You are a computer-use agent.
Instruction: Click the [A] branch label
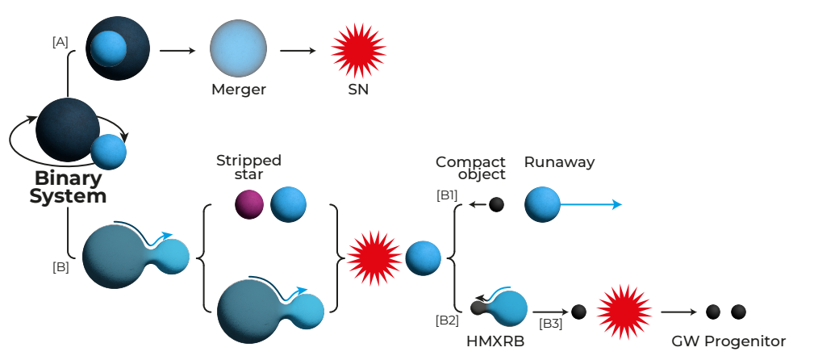pyautogui.click(x=60, y=43)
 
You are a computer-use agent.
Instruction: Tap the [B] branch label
pyautogui.click(x=60, y=267)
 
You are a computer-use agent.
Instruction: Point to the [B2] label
pyautogui.click(x=447, y=320)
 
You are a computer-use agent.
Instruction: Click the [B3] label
pyautogui.click(x=551, y=324)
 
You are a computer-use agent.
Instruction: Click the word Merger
pyautogui.click(x=239, y=90)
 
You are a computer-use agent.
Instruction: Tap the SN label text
pyautogui.click(x=358, y=90)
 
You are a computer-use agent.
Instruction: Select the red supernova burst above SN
pyautogui.click(x=358, y=48)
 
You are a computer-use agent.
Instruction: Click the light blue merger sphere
pyautogui.click(x=238, y=49)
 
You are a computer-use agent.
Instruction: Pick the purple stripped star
pyautogui.click(x=249, y=204)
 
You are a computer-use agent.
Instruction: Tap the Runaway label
pyautogui.click(x=559, y=162)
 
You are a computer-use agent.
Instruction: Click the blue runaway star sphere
pyautogui.click(x=542, y=204)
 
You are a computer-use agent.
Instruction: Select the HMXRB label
pyautogui.click(x=495, y=341)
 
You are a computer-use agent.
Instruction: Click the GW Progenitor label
pyautogui.click(x=728, y=341)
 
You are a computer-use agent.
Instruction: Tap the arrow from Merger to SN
pyautogui.click(x=298, y=51)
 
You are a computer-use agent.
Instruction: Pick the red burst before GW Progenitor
pyautogui.click(x=621, y=311)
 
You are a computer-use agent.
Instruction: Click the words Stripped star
pyautogui.click(x=248, y=167)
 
